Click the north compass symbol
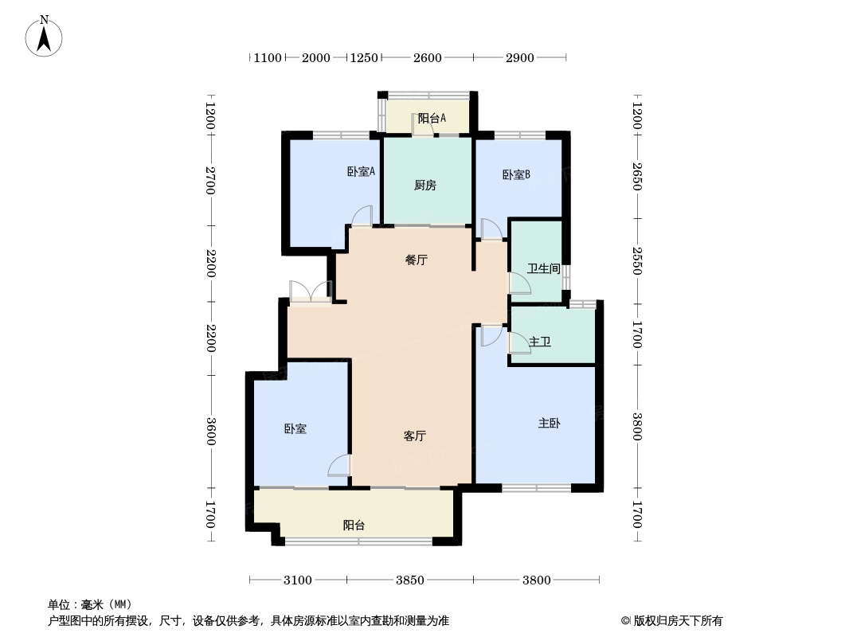pyautogui.click(x=45, y=36)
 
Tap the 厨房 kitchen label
pyautogui.click(x=425, y=186)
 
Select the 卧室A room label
pyautogui.click(x=361, y=171)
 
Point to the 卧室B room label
pyautogui.click(x=516, y=174)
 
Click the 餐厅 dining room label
pyautogui.click(x=417, y=260)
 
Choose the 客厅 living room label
pyautogui.click(x=414, y=436)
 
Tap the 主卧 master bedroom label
pyautogui.click(x=549, y=423)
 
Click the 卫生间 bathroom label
pyautogui.click(x=544, y=268)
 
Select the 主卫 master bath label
pyautogui.click(x=540, y=342)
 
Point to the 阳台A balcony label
pyautogui.click(x=432, y=118)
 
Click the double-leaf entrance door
pyautogui.click(x=311, y=292)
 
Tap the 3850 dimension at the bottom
pyautogui.click(x=410, y=580)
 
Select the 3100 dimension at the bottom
pyautogui.click(x=298, y=580)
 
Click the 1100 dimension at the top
pyautogui.click(x=267, y=57)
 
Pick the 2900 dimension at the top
pyautogui.click(x=519, y=57)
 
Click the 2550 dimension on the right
pyautogui.click(x=636, y=260)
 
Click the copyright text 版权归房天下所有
pyautogui.click(x=672, y=620)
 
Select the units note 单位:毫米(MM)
pyautogui.click(x=90, y=604)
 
